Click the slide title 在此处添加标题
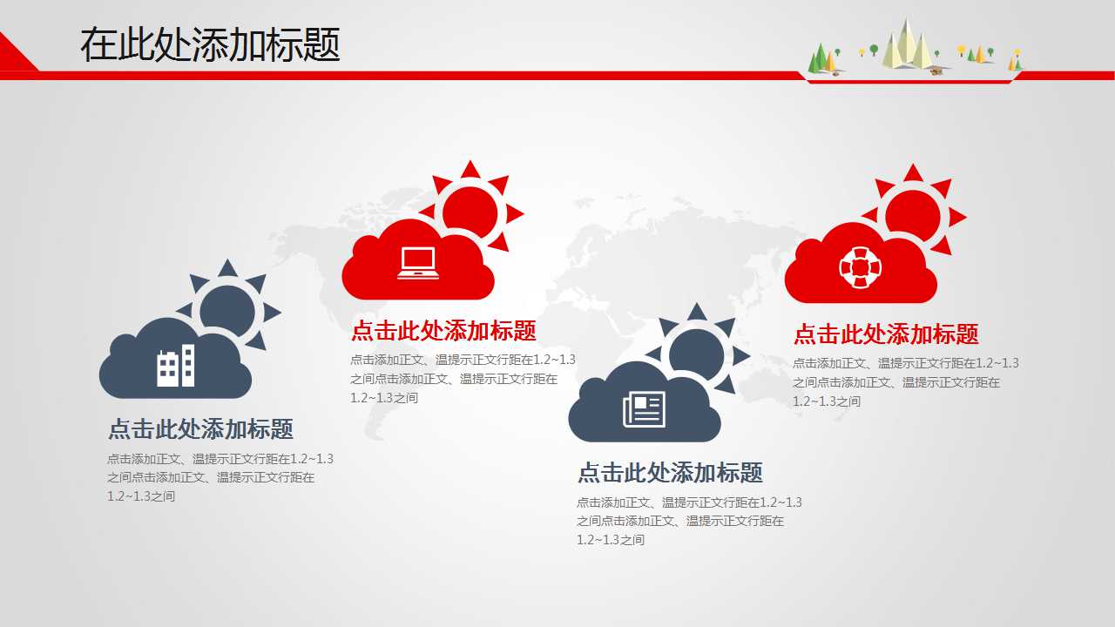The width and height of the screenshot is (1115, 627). (210, 44)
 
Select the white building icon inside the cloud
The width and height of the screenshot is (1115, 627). (175, 367)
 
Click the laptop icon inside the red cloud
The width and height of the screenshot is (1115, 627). (418, 263)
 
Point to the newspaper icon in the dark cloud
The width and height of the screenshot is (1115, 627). (644, 409)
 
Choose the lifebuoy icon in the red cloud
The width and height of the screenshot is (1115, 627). (861, 266)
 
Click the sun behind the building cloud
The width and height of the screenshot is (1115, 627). (228, 309)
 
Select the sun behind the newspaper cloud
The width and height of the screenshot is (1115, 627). (697, 353)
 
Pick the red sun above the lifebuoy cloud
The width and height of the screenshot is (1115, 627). (913, 213)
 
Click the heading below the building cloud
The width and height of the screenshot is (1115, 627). (200, 429)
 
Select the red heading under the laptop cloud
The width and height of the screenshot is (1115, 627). (443, 331)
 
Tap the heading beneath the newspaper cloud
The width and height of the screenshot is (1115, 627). (670, 473)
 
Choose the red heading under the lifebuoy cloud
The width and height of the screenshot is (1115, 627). (886, 334)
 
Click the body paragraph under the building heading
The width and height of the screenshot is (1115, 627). (220, 477)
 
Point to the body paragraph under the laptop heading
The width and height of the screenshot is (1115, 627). (463, 379)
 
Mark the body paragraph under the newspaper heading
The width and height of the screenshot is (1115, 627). (689, 521)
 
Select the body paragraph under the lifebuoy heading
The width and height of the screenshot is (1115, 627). (905, 382)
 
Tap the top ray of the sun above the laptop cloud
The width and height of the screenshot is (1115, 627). (470, 169)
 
